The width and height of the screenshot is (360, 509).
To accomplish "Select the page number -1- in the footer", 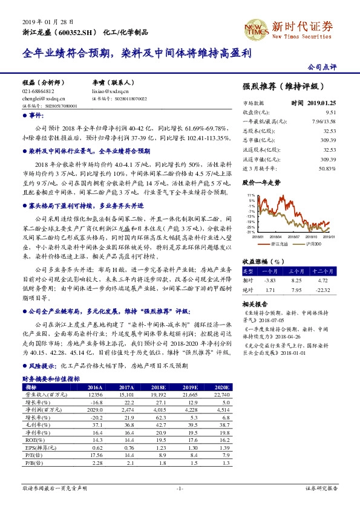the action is (180, 487).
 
